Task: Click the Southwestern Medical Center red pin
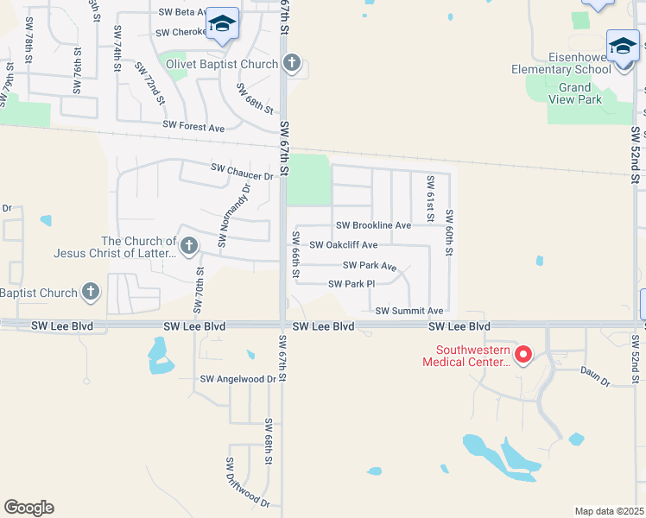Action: click(x=522, y=354)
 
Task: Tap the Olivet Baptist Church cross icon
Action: click(x=292, y=63)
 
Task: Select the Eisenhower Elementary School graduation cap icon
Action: click(x=622, y=46)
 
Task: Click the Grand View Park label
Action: click(x=574, y=93)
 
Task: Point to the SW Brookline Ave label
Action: click(x=373, y=225)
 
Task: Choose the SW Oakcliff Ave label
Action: click(x=343, y=245)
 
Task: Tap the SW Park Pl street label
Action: click(x=351, y=284)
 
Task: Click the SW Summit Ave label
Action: click(x=408, y=311)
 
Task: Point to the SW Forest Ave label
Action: click(x=193, y=127)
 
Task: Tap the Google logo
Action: click(x=28, y=508)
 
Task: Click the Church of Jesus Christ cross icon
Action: click(x=187, y=247)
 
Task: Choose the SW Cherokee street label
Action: click(x=181, y=33)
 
